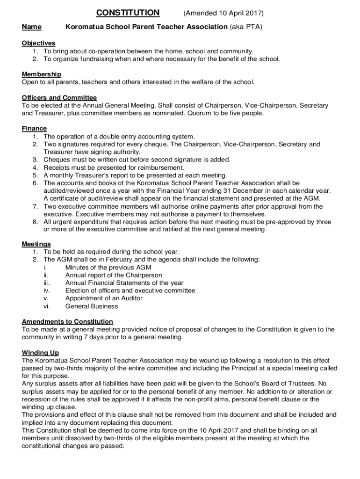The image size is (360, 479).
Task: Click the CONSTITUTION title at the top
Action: (128, 13)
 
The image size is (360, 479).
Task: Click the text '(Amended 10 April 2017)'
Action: (223, 13)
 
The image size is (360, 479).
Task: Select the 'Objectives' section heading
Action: (38, 43)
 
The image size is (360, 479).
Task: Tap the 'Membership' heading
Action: (41, 74)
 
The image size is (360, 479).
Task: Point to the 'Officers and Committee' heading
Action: (59, 98)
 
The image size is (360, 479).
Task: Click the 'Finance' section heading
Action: (34, 129)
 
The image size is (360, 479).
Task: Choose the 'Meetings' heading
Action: (36, 244)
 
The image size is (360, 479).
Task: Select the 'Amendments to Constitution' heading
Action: (67, 321)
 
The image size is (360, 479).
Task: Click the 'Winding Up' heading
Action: (40, 352)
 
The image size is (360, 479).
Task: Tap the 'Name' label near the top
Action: (31, 27)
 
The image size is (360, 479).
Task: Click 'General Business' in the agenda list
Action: (92, 306)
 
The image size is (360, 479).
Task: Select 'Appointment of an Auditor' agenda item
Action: (104, 298)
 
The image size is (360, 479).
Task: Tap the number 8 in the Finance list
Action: (35, 222)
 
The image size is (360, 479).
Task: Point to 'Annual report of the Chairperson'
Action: (114, 275)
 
